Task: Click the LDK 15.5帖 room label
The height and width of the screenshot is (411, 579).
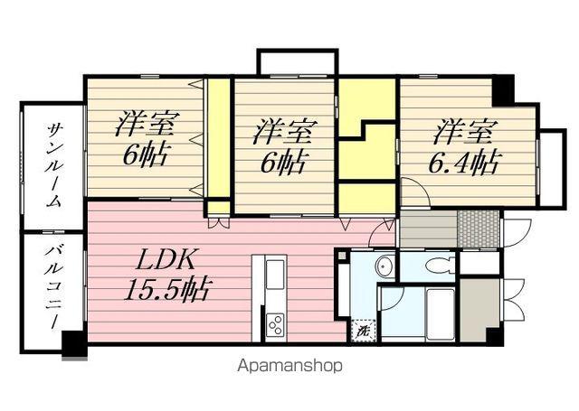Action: pyautogui.click(x=168, y=275)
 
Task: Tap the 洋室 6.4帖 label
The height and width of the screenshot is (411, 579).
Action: pyautogui.click(x=464, y=147)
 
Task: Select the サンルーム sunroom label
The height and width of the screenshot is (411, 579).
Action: pyautogui.click(x=53, y=164)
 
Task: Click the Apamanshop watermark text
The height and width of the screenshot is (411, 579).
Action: pyautogui.click(x=289, y=366)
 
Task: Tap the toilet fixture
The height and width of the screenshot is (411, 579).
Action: pyautogui.click(x=441, y=265)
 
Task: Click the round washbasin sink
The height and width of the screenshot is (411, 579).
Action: pyautogui.click(x=384, y=265)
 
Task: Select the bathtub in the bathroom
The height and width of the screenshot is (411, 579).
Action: pyautogui.click(x=441, y=313)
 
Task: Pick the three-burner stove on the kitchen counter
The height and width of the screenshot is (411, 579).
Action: pyautogui.click(x=275, y=324)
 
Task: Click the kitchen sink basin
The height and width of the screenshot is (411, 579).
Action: pyautogui.click(x=275, y=275)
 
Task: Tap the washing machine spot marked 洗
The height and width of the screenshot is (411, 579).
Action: pyautogui.click(x=364, y=331)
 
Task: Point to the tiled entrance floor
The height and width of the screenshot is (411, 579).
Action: pyautogui.click(x=479, y=229)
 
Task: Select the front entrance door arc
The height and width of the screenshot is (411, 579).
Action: pyautogui.click(x=517, y=233)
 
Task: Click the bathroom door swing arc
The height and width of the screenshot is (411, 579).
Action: pyautogui.click(x=393, y=299)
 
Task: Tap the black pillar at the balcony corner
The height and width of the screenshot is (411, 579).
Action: pyautogui.click(x=74, y=344)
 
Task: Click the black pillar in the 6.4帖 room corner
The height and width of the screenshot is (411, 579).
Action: pyautogui.click(x=504, y=90)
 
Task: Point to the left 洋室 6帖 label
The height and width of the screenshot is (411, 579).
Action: pyautogui.click(x=147, y=139)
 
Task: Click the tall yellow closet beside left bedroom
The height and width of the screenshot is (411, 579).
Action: pyautogui.click(x=219, y=138)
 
